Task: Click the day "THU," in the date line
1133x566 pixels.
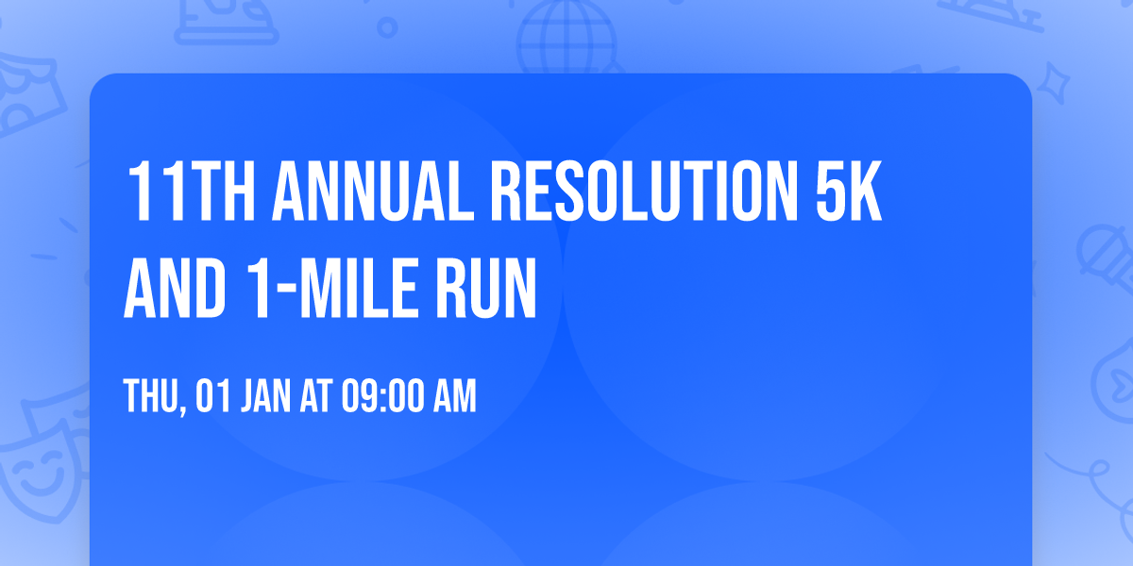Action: click(155, 397)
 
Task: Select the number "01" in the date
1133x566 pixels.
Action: click(212, 397)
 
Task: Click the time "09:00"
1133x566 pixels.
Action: click(380, 397)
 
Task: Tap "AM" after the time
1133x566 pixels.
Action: click(452, 397)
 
